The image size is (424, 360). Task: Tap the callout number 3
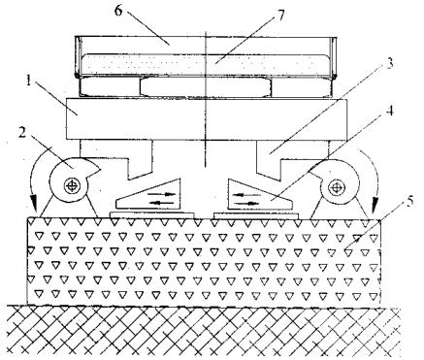coord(389,63)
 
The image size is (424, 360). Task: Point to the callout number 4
coord(391,111)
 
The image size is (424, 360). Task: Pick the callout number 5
coord(410,203)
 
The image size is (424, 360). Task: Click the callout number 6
coord(118,11)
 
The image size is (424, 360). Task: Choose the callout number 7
coord(280,16)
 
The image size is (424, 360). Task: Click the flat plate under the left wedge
coord(152,214)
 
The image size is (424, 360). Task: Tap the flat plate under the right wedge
coord(256,215)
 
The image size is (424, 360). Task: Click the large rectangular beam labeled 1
coord(207,119)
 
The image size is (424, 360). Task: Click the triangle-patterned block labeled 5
coord(203,261)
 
